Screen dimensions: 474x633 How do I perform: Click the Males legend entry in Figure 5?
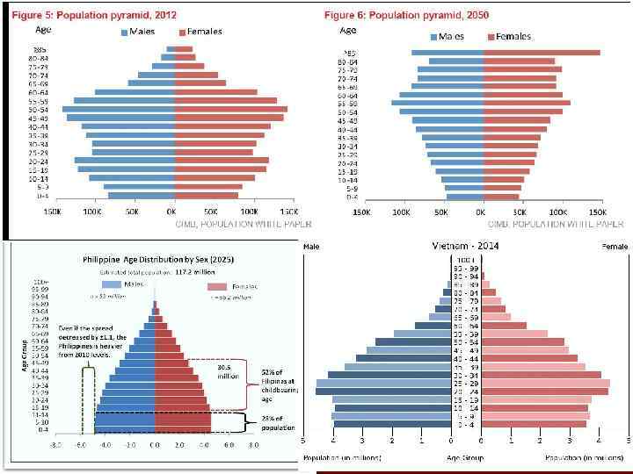click(137, 32)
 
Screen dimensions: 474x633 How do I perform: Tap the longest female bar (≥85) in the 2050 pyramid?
click(541, 52)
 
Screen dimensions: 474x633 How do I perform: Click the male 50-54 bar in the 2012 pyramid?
click(119, 109)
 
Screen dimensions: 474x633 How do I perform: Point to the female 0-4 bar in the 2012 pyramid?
click(207, 195)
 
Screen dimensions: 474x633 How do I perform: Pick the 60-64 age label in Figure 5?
click(40, 91)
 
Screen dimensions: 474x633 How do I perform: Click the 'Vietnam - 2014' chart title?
click(466, 248)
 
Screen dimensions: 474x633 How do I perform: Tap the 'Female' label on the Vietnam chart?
click(615, 248)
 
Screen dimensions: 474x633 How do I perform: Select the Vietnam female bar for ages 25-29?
click(544, 383)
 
